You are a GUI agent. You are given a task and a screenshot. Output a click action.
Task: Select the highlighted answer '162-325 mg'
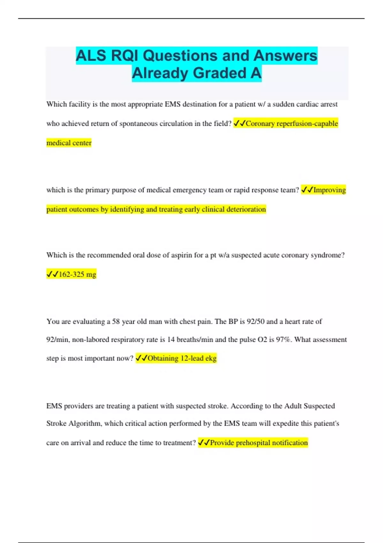[x=77, y=274]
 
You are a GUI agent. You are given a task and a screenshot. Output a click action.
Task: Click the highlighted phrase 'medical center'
[x=69, y=143]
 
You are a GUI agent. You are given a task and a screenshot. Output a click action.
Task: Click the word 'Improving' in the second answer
[x=330, y=190]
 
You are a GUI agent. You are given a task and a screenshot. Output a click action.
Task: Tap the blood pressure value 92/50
[x=256, y=321]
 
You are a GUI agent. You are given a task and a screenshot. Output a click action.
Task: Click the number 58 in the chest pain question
[x=116, y=321]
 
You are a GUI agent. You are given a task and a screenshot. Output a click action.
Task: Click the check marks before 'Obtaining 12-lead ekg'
[x=141, y=358]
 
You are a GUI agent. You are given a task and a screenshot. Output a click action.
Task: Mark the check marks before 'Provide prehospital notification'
[x=204, y=443]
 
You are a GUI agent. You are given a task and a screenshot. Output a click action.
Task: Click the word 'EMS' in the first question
[x=172, y=104]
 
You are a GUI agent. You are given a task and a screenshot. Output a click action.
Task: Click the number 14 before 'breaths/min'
[x=171, y=340]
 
